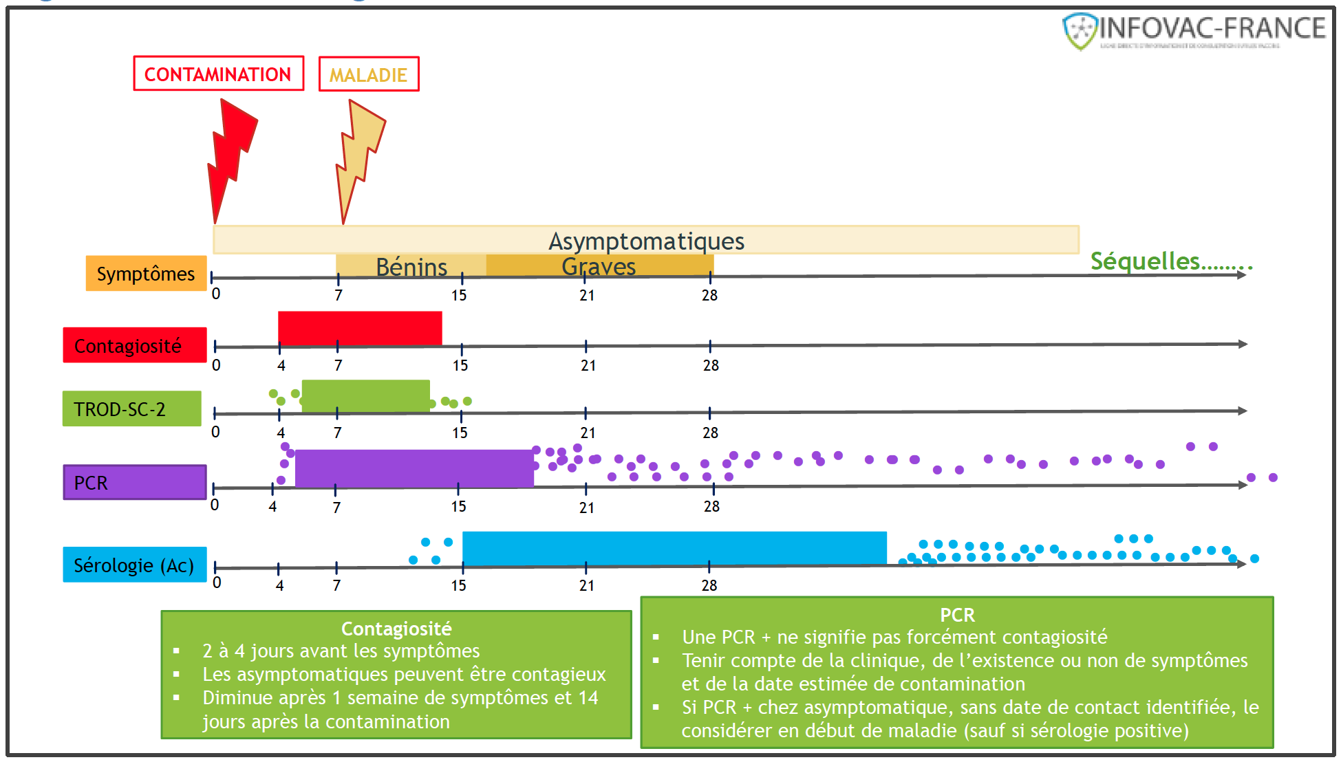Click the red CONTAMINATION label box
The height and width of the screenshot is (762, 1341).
point(218,74)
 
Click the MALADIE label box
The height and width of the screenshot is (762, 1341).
point(369,74)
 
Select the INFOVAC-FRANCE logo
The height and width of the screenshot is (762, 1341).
point(1194,31)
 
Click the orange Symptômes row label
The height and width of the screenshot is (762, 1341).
point(146,274)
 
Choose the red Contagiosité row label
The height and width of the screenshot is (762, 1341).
point(135,345)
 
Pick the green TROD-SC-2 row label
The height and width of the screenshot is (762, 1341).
point(131,409)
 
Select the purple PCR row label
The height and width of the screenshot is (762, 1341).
point(135,482)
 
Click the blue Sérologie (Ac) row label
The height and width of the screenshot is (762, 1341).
point(135,565)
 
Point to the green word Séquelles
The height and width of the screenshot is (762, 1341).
point(1146,261)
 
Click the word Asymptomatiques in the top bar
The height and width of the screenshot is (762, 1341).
point(646,241)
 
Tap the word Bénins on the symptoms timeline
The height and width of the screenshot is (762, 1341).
point(411,267)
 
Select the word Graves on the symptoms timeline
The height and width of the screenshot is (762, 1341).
point(599,266)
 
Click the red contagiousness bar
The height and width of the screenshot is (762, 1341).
point(360,328)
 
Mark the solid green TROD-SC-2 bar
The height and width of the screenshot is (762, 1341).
point(365,396)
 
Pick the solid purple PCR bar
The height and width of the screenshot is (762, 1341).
point(414,468)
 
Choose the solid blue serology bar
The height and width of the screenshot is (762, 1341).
point(674,548)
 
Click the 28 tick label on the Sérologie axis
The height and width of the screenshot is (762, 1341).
point(709,585)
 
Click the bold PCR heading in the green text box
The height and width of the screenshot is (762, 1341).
point(957,615)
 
